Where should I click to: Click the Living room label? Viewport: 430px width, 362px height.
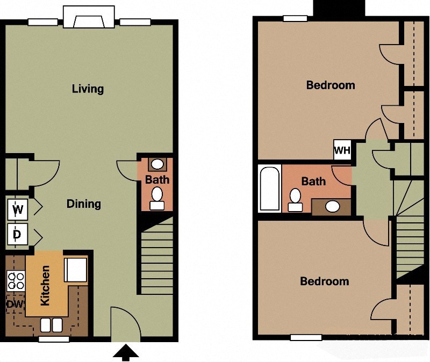point(88,89)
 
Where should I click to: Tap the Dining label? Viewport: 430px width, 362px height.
point(83,204)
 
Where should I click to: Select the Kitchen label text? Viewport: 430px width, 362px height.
point(45,286)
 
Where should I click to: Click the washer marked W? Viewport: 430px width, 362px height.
point(18,209)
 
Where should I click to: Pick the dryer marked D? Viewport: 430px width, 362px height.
point(18,234)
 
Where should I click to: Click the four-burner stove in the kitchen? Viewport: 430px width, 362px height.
point(15,280)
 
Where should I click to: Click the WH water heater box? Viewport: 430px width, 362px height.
point(342,150)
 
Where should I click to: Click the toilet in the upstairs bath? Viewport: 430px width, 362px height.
point(295,200)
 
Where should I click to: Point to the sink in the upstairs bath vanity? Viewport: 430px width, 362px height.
point(333,206)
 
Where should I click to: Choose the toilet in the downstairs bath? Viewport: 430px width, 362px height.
point(157,198)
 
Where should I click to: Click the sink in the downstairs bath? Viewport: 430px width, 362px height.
point(157,164)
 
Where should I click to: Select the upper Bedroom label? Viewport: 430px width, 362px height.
point(330,85)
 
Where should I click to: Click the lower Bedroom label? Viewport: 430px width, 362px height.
point(324,281)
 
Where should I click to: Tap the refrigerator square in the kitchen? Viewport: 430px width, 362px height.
point(75,270)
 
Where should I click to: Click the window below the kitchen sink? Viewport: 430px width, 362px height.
point(54,339)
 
